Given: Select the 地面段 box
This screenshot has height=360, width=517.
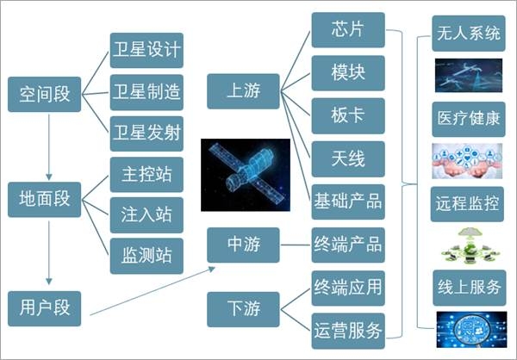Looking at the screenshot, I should point(43,199).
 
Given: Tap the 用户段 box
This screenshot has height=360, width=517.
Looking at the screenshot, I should point(43,305).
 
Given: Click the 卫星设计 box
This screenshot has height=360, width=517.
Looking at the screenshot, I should point(147,50).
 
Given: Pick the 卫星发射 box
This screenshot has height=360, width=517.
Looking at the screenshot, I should point(147,133).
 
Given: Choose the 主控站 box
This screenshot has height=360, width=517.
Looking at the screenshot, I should point(147,175).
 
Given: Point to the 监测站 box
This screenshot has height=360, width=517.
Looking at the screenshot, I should point(147,254).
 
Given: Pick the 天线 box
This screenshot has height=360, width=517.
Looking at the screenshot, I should point(347,158).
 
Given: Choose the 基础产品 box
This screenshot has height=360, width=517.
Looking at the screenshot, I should point(347,202).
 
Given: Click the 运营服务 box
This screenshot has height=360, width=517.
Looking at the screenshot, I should point(347,329).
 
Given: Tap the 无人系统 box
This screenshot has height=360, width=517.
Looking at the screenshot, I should point(468,34).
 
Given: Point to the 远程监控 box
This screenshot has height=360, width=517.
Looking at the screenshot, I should point(468,203).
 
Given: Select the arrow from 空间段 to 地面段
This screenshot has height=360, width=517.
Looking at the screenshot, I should point(49,145).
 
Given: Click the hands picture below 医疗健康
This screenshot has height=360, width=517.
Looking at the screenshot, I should point(468,161).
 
